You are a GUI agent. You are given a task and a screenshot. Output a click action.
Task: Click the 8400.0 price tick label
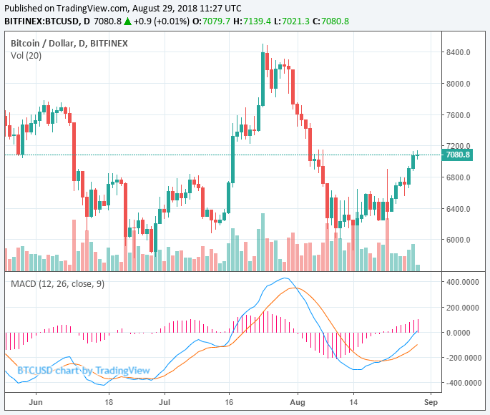click(458, 52)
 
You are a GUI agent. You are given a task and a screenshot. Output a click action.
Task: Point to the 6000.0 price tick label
click(458, 240)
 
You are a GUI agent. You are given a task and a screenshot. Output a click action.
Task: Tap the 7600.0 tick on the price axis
click(458, 115)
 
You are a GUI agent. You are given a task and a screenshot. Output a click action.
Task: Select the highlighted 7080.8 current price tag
click(457, 155)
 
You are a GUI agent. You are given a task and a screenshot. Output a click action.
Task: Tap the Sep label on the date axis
click(429, 404)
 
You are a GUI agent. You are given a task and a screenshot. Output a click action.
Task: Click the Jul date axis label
click(164, 404)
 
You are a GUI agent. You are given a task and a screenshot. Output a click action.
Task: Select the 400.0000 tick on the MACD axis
click(460, 282)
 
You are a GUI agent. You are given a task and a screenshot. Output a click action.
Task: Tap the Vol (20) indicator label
click(26, 56)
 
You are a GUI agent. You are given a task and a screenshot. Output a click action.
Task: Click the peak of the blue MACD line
click(285, 278)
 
